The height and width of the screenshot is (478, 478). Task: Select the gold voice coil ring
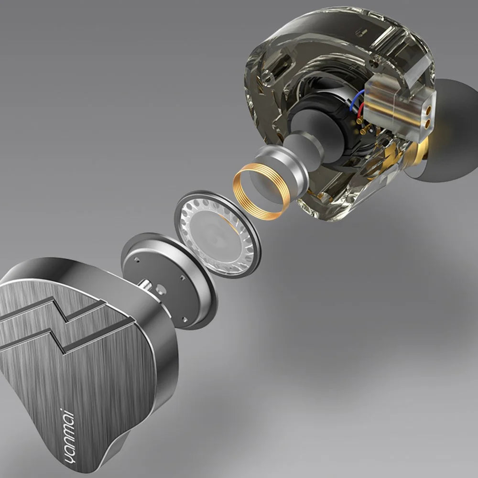tap(261, 191)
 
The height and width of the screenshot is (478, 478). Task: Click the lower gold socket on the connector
tap(428, 123)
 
